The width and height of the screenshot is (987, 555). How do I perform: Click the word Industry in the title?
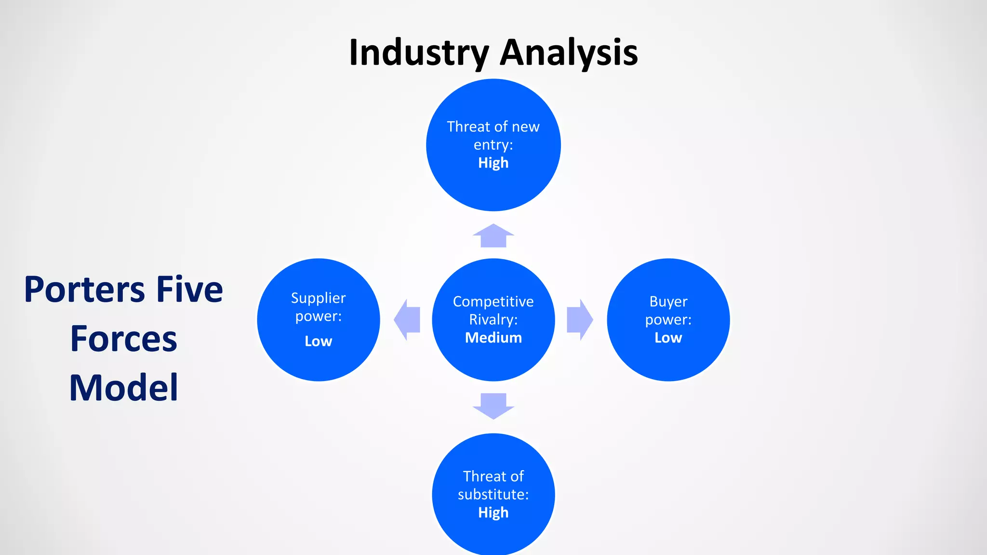(x=419, y=53)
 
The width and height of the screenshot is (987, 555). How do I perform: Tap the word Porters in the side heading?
(x=84, y=291)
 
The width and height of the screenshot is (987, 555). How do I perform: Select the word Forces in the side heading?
(x=124, y=339)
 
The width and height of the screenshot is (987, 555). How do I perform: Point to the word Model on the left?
(x=124, y=388)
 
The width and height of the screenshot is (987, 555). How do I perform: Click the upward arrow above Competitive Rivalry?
(x=493, y=236)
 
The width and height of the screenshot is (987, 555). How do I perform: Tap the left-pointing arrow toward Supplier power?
(x=407, y=320)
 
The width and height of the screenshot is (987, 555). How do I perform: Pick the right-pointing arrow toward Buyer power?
(x=579, y=320)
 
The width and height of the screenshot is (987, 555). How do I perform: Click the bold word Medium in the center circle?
(x=493, y=338)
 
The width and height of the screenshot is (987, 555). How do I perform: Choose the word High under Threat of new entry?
(x=493, y=163)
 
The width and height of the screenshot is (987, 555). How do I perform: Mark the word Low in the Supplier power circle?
(x=319, y=342)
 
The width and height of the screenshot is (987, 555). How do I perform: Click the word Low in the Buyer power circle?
(x=668, y=338)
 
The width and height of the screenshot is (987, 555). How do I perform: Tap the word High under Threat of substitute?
(x=493, y=513)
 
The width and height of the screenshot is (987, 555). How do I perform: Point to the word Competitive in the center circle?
(x=493, y=302)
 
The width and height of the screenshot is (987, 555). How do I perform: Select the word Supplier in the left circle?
(x=319, y=298)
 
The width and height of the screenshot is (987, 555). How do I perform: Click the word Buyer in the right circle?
(x=668, y=302)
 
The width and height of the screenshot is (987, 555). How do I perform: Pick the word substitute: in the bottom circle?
(x=493, y=495)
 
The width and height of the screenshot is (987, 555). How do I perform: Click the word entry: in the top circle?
(x=493, y=145)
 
